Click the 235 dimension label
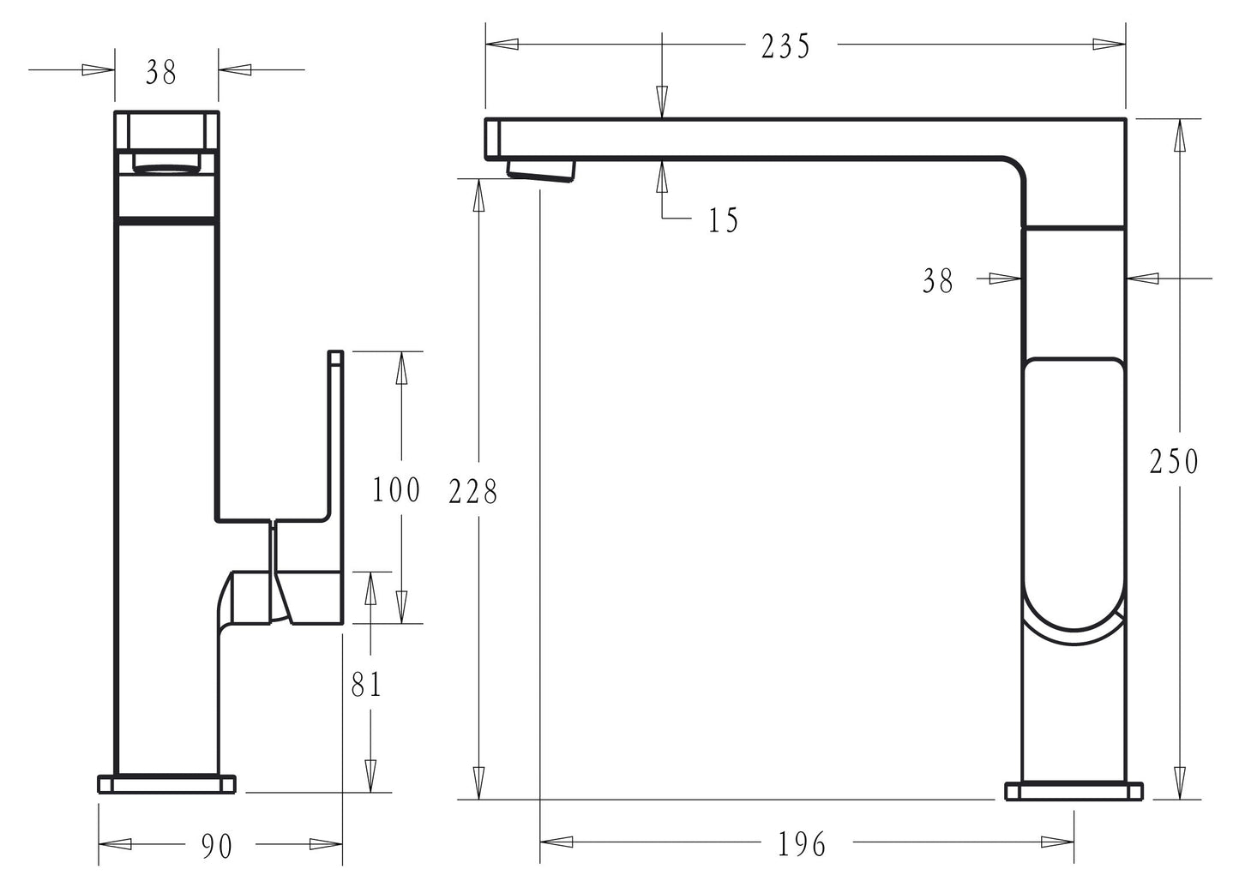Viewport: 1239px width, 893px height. click(x=785, y=46)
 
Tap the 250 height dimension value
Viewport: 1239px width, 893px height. click(x=1173, y=461)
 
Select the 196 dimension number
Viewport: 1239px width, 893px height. click(x=802, y=844)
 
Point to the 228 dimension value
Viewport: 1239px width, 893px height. click(x=473, y=492)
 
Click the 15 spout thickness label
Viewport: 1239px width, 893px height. click(x=724, y=220)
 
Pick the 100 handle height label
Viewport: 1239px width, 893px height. click(x=396, y=490)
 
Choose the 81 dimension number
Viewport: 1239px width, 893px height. click(x=366, y=684)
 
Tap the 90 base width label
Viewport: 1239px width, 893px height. click(x=217, y=846)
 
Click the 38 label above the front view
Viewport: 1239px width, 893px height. click(x=161, y=73)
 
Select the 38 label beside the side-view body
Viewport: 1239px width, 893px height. click(x=937, y=281)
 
